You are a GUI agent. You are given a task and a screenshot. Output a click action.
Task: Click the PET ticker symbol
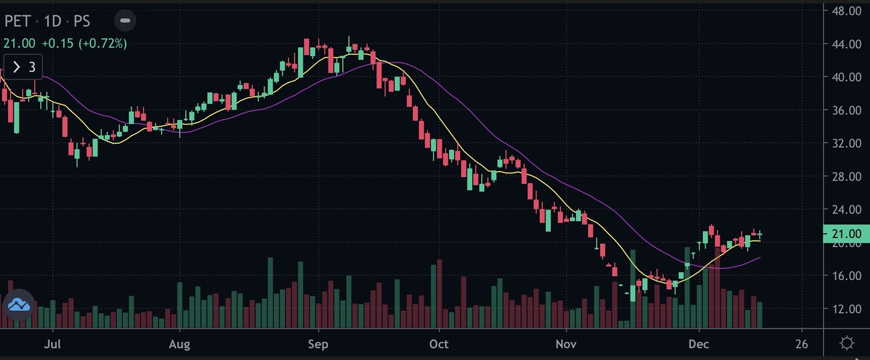point(17,21)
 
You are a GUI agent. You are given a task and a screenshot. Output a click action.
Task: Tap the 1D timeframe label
point(52,21)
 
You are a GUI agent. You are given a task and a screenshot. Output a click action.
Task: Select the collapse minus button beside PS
point(125,21)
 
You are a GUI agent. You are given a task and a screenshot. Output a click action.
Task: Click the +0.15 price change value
point(58,44)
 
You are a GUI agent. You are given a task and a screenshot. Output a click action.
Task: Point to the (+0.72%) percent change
point(103,44)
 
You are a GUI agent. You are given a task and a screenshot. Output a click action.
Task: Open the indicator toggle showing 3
point(23,67)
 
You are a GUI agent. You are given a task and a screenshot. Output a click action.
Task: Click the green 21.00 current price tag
point(846,234)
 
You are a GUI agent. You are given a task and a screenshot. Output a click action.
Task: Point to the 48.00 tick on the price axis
point(846,11)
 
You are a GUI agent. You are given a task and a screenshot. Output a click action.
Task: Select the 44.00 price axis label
point(846,44)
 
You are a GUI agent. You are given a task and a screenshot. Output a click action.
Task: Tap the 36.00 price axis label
point(846,110)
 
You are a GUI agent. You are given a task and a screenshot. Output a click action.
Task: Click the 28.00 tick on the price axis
point(846,177)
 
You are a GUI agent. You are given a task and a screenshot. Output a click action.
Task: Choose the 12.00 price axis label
point(846,309)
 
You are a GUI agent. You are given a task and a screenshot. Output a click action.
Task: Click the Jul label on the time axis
point(52,345)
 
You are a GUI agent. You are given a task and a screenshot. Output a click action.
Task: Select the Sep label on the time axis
point(318,345)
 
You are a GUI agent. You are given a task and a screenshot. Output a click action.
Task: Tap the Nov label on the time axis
point(567,345)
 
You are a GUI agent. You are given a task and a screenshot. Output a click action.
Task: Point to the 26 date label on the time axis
point(802,345)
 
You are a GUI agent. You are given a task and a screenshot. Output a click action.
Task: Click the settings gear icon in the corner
point(847,344)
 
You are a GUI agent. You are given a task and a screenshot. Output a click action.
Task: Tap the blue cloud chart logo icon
point(19,306)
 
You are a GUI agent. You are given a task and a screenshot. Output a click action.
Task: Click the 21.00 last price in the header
point(19,44)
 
